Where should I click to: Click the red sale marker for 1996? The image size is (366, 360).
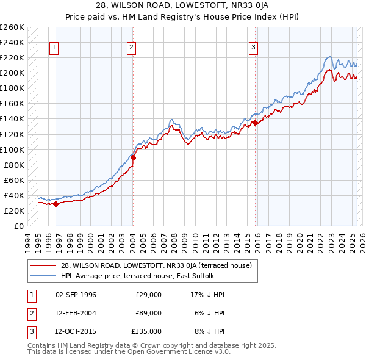56,204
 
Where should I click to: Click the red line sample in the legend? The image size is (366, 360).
44,265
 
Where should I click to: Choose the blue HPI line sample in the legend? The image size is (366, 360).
44,276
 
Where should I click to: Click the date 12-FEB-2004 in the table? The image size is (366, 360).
75,313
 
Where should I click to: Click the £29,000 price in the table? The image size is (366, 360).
148,295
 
